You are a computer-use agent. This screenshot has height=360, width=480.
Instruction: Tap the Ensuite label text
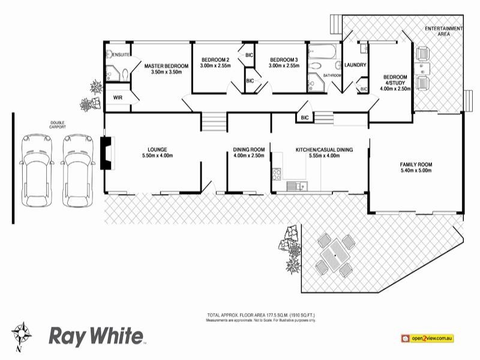click(118, 53)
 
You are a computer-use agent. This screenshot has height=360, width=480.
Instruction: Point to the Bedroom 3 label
click(284, 59)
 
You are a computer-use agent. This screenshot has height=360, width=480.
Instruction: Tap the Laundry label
click(356, 65)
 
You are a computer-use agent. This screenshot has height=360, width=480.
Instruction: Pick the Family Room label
click(416, 164)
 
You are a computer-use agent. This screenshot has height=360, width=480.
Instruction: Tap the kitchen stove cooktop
click(277, 175)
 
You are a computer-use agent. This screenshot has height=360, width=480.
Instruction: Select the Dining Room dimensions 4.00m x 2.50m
click(249, 156)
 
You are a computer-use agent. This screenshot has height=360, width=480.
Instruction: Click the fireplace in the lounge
click(106, 154)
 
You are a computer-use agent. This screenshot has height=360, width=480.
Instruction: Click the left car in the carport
click(34, 170)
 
